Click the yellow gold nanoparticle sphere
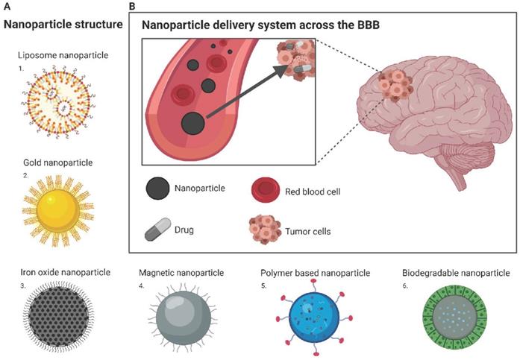pos(58,211)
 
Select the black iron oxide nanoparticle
pos(58,317)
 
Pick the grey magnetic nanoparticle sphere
pos(183,318)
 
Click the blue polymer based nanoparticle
pos(314,318)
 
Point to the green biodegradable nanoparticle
pos(455,317)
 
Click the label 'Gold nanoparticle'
pos(57,162)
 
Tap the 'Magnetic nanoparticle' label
pos(181,273)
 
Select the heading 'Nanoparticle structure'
pos(63,24)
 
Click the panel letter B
pos(131,6)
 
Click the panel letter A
pos(7,6)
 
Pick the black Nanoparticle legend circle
pos(157,188)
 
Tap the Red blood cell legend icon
pos(265,190)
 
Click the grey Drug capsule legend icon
pos(158,229)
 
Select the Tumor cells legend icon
pos(265,230)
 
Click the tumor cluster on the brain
pos(395,86)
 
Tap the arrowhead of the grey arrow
pos(281,71)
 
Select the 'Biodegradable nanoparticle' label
pos(456,273)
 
